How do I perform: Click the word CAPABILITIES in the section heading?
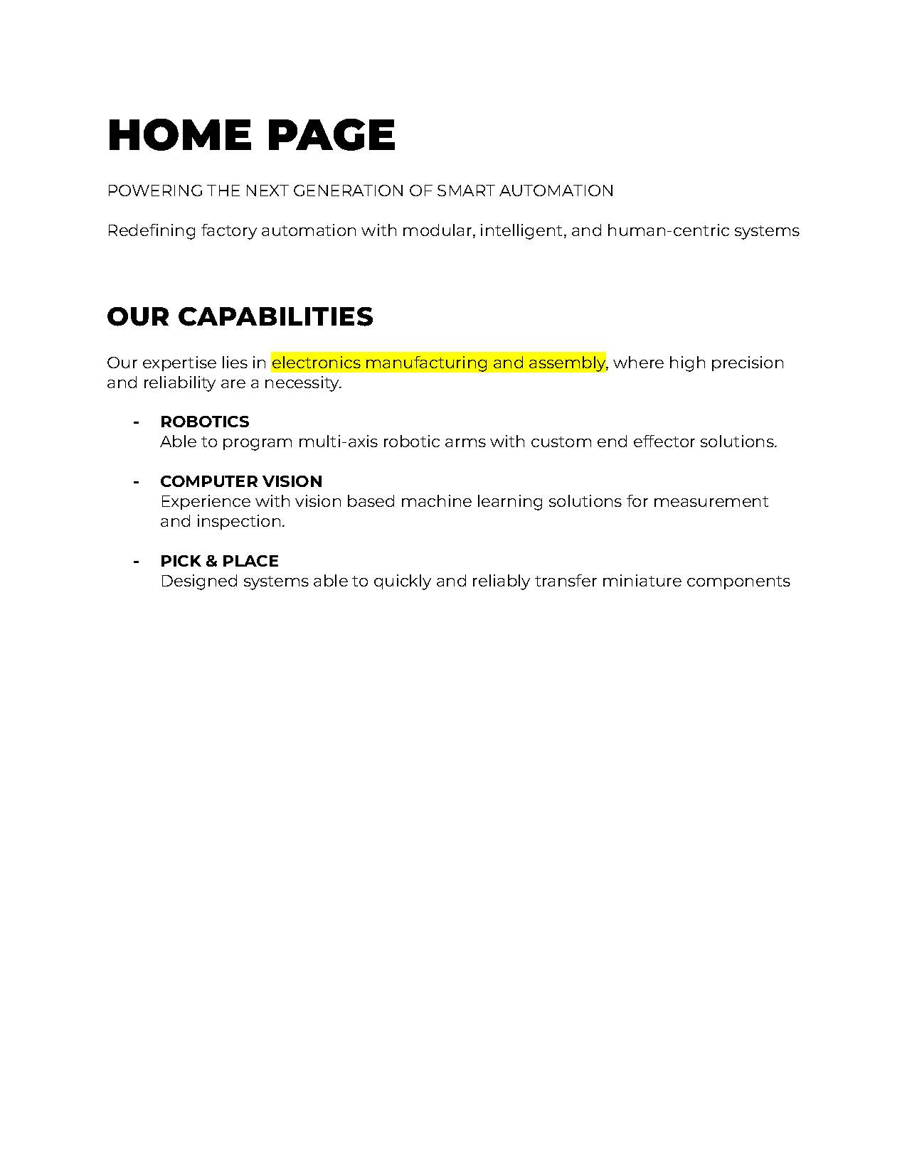275,316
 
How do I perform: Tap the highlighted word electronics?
316,363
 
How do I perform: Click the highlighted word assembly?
566,363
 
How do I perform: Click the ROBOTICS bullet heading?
205,422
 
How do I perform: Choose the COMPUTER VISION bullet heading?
241,481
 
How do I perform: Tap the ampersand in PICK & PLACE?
211,561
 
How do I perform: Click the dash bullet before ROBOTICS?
136,422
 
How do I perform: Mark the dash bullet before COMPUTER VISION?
136,482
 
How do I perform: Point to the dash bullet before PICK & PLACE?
136,562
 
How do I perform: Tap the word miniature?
641,581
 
